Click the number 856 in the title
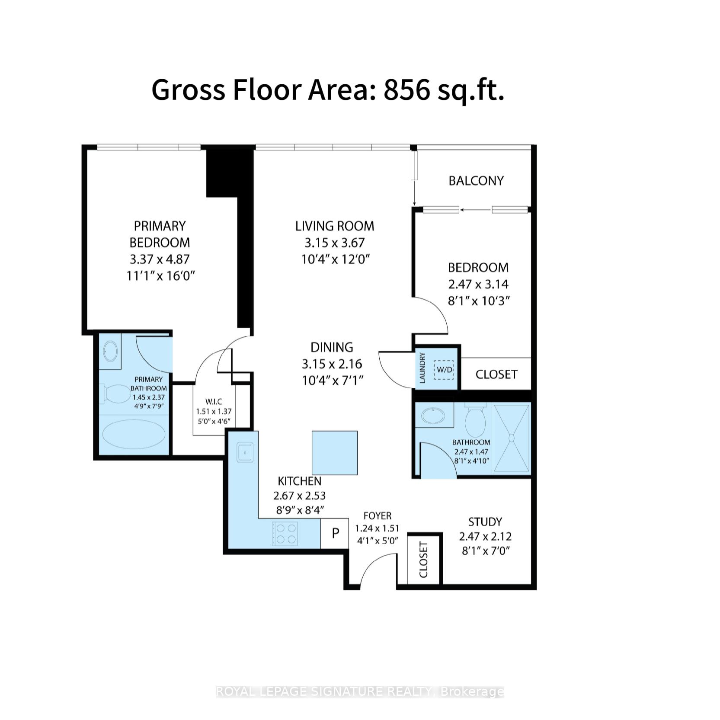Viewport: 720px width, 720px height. [406, 90]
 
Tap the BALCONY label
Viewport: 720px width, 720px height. [476, 181]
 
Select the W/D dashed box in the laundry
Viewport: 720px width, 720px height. [444, 370]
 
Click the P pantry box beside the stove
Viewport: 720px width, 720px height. [335, 534]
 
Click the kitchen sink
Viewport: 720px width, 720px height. [245, 453]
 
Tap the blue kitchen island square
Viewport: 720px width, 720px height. [335, 453]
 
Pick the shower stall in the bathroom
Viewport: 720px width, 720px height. [512, 438]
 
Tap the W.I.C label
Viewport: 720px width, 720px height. [214, 402]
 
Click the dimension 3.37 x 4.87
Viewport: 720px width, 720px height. [160, 259]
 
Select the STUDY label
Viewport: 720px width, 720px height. [485, 522]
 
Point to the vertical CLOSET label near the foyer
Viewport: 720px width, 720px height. [424, 560]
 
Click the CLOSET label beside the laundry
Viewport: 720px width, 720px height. [496, 374]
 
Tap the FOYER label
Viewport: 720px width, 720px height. [377, 516]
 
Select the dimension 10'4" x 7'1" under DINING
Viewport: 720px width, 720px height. [332, 381]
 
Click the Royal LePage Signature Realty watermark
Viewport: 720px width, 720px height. [360, 692]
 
